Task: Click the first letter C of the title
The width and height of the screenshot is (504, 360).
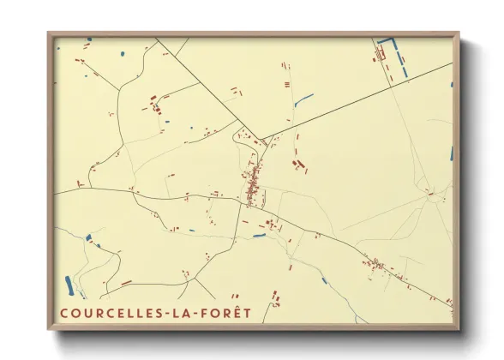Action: (64, 313)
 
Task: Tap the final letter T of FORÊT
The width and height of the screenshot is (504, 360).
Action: (247, 313)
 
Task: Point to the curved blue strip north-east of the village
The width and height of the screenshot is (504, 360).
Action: (303, 100)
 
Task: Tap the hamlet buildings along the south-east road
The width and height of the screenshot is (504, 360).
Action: (377, 263)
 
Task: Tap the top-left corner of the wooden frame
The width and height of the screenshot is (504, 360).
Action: (49, 34)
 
